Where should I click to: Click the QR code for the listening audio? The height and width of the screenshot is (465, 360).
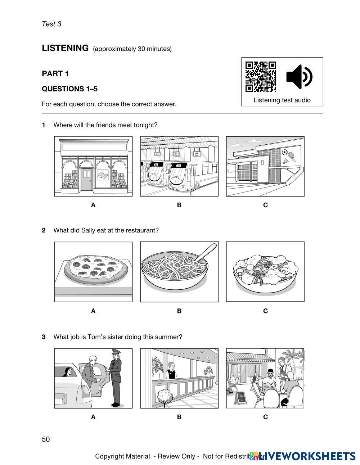point(261,77)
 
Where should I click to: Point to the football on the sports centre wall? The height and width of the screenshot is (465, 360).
point(285,152)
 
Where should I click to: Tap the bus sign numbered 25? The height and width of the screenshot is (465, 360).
point(197,154)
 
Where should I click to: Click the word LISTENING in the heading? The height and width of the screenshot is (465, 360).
point(65,48)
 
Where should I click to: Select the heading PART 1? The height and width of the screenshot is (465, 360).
point(55,74)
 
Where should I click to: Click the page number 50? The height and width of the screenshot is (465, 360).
point(46,439)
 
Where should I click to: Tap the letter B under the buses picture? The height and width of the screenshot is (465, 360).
point(179,205)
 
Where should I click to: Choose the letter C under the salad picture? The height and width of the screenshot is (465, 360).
point(265,311)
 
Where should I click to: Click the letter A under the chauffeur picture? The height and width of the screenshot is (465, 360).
point(93,417)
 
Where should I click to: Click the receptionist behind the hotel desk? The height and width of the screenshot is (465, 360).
point(171,371)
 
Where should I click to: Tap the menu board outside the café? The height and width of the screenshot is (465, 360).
point(240,397)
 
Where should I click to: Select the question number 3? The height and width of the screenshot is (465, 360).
point(44,337)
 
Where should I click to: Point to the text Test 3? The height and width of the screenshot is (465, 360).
point(51,24)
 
